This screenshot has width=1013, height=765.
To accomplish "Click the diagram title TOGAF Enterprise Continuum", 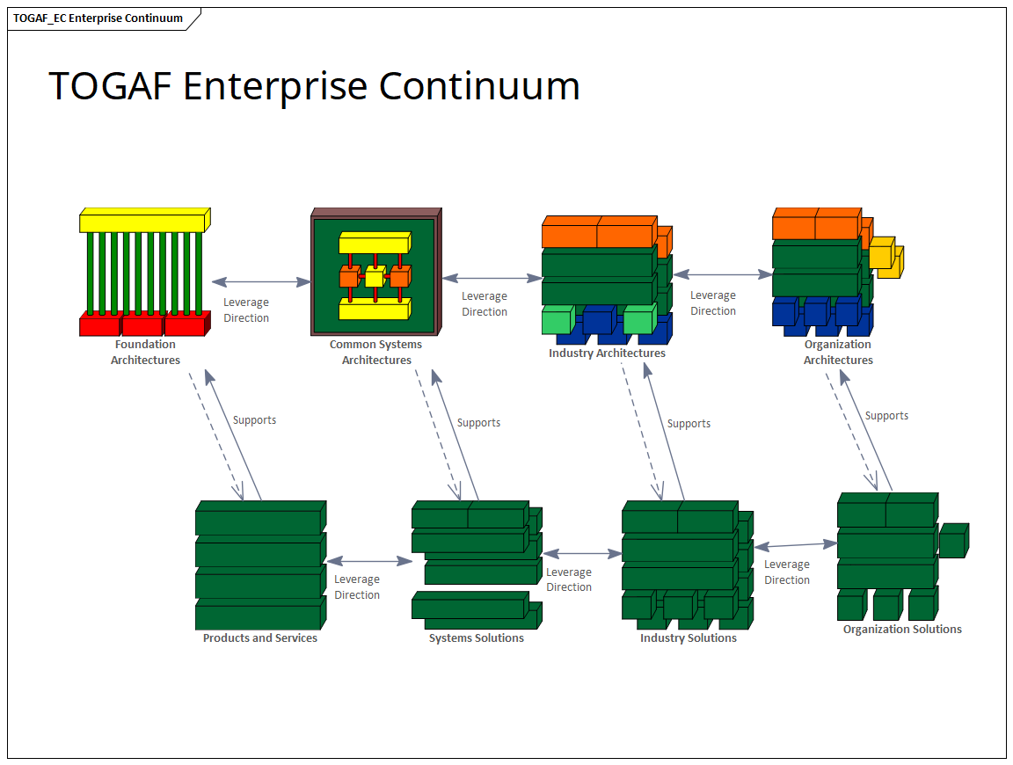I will tap(314, 86).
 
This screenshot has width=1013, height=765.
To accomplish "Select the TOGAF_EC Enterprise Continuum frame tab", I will tap(98, 18).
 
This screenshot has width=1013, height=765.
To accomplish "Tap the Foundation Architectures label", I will tap(145, 353).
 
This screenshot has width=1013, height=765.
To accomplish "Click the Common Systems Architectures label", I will tap(375, 353).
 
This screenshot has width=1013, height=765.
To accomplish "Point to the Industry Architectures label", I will tap(607, 353).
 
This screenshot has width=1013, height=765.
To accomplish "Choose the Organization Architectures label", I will tap(837, 353).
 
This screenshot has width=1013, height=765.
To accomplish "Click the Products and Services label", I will tap(259, 638).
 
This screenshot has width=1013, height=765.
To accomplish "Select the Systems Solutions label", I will tap(476, 638).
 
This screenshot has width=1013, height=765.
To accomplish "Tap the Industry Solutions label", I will tap(688, 638).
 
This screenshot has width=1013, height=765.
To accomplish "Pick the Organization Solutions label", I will tap(902, 630).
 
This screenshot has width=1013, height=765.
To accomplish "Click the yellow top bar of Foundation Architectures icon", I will tap(142, 222).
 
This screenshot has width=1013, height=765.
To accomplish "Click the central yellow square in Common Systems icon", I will tap(375, 279).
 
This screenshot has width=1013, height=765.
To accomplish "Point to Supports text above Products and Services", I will tap(254, 420).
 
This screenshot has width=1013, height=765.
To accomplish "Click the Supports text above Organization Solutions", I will tap(886, 416).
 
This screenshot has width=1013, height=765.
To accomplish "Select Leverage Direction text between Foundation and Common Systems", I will tap(246, 310).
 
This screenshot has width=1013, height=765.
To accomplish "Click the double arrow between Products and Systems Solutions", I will tap(368, 561).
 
